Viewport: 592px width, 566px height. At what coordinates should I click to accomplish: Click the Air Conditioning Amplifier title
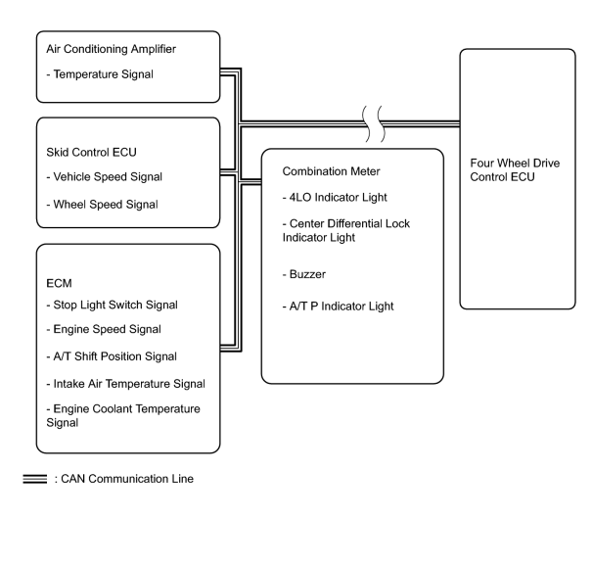click(x=111, y=49)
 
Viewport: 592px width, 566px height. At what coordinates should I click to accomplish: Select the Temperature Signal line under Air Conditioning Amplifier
click(x=100, y=74)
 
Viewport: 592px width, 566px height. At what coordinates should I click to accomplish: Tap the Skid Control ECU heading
click(x=91, y=152)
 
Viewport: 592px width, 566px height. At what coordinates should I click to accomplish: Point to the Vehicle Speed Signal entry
click(x=104, y=177)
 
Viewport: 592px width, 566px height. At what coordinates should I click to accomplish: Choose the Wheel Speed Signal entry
click(x=102, y=205)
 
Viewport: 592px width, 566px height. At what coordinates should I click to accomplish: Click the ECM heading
click(x=59, y=283)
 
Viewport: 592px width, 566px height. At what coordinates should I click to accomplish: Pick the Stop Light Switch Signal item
click(x=112, y=305)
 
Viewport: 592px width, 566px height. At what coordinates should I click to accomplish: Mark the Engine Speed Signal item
click(x=104, y=329)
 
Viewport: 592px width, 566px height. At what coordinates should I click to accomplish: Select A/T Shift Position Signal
click(x=112, y=356)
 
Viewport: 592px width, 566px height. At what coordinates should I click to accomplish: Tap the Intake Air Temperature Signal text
click(x=125, y=384)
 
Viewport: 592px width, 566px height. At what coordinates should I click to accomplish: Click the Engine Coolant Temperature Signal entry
click(x=123, y=415)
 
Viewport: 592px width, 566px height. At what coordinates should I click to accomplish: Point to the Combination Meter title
click(x=331, y=171)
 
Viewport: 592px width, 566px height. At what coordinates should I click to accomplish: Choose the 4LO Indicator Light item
click(x=335, y=197)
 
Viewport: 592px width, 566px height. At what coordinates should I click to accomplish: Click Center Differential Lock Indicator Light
click(x=345, y=230)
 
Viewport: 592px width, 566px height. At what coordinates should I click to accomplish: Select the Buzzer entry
click(x=304, y=274)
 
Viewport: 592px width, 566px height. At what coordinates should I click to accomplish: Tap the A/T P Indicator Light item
click(x=338, y=307)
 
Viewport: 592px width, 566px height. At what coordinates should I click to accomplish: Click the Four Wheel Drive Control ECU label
click(x=515, y=170)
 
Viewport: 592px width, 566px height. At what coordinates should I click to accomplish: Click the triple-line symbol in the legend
click(x=34, y=479)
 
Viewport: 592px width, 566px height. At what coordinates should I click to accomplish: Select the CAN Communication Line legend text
click(x=124, y=479)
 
